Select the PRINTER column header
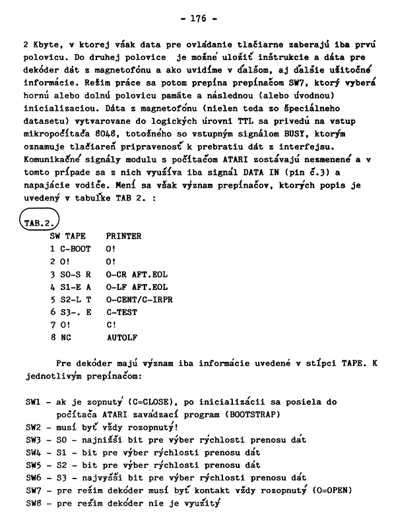pyautogui.click(x=123, y=235)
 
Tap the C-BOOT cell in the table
pyautogui.click(x=75, y=248)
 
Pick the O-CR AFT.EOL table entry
pyautogui.click(x=137, y=274)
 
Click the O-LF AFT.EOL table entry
pyautogui.click(x=137, y=287)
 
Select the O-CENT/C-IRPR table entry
pyautogui.click(x=139, y=301)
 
